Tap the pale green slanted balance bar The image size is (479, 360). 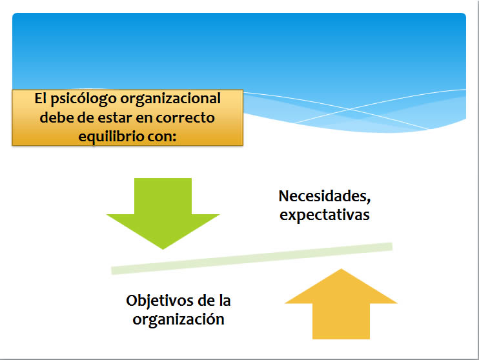coord(252,258)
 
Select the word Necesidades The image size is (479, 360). coord(325,196)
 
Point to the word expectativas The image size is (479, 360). coord(325,215)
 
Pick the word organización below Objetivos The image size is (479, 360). coord(178,319)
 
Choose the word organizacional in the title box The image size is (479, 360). coord(170,99)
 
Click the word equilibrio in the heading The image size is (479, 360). coord(111,136)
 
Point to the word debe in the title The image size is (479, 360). coord(57,117)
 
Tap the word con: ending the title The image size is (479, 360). coord(162,137)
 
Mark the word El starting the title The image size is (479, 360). coord(40,98)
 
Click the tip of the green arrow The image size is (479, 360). coord(163,250)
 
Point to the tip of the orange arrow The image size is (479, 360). coord(341,268)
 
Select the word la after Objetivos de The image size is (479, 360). coord(225,301)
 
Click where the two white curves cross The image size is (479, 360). coord(351,109)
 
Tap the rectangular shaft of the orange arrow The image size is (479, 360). coord(341,321)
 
